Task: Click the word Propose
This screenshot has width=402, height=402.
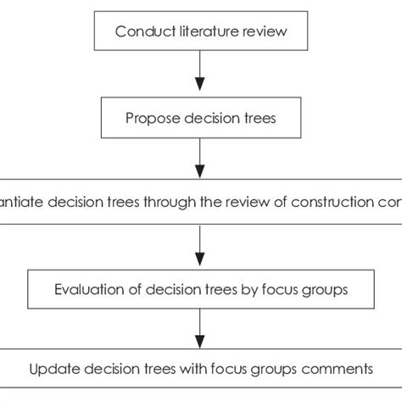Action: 149,119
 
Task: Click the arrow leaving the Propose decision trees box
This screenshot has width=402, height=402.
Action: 200,158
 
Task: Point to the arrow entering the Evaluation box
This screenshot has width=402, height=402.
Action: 200,243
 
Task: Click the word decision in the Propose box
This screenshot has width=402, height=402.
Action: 206,119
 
